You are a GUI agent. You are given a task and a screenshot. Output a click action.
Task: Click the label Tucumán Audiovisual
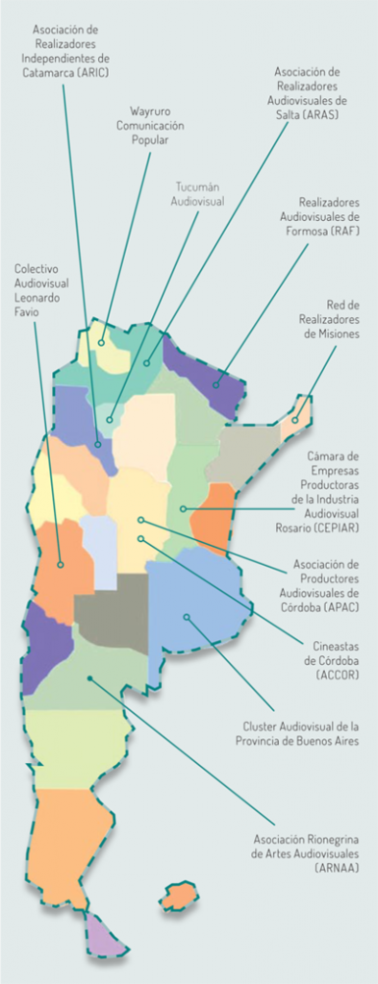tap(197, 194)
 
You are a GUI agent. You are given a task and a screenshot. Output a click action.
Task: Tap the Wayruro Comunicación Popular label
tap(150, 125)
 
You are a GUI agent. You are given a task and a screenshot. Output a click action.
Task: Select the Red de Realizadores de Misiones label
tap(329, 319)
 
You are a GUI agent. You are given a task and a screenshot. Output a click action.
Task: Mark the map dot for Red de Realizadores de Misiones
tap(295, 419)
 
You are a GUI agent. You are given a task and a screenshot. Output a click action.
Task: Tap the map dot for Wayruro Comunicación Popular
tap(100, 341)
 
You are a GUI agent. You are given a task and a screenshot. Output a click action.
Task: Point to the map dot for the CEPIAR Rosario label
tap(182, 507)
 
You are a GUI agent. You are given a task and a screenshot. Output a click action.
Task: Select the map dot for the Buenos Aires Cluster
tap(187, 617)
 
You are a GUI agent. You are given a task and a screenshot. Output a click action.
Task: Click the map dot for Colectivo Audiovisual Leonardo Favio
tap(61, 564)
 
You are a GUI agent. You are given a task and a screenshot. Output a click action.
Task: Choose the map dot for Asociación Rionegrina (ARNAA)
tap(88, 678)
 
